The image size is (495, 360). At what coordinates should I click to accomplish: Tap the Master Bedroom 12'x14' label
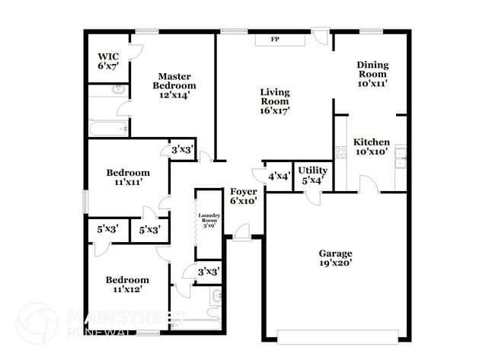(174, 85)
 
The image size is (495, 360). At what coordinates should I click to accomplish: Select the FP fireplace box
(275, 39)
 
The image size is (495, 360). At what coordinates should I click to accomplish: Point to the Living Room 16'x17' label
(275, 101)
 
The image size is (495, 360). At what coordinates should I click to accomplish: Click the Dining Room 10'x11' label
(372, 75)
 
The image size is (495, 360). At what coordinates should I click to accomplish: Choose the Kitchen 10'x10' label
(372, 146)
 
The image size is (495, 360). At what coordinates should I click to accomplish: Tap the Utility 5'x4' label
(312, 175)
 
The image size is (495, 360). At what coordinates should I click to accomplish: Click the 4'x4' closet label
(279, 177)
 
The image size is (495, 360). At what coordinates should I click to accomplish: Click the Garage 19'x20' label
(335, 258)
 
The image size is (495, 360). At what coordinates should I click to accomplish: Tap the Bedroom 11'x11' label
(126, 177)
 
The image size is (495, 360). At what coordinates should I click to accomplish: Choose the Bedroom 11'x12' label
(126, 285)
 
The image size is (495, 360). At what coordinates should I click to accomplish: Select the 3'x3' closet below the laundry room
(209, 271)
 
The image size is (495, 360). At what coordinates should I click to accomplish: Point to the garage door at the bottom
(337, 336)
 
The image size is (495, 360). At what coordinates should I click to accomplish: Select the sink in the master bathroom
(118, 91)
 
